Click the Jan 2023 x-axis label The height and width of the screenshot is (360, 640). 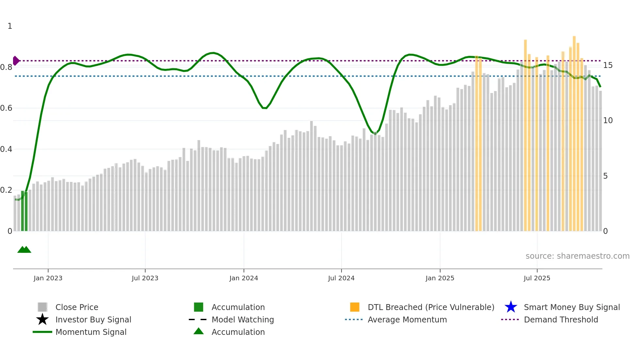click(x=48, y=278)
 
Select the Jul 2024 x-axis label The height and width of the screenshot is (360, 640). click(x=341, y=278)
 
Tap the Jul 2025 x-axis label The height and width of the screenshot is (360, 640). click(x=537, y=278)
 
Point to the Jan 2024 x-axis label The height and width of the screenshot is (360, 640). click(x=244, y=278)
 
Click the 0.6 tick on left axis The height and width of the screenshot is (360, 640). click(x=7, y=108)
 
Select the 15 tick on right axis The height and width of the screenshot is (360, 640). click(x=608, y=65)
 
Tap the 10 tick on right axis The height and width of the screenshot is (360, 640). click(x=608, y=121)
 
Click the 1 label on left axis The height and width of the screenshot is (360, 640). click(x=10, y=26)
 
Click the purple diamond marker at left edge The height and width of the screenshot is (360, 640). click(x=16, y=61)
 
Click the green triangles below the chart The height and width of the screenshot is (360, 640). click(x=24, y=250)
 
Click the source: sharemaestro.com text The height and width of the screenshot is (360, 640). click(x=577, y=256)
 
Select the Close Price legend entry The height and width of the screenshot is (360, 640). click(x=77, y=307)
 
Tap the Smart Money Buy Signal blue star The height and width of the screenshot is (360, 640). click(x=511, y=307)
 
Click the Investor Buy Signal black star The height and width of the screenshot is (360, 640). click(x=42, y=319)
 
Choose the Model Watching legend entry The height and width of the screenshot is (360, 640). click(x=243, y=319)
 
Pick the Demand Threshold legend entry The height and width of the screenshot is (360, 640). click(x=561, y=319)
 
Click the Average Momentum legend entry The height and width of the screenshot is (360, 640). click(x=407, y=319)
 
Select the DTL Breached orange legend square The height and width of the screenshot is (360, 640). click(x=355, y=307)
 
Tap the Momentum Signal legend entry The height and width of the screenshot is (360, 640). click(x=91, y=332)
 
